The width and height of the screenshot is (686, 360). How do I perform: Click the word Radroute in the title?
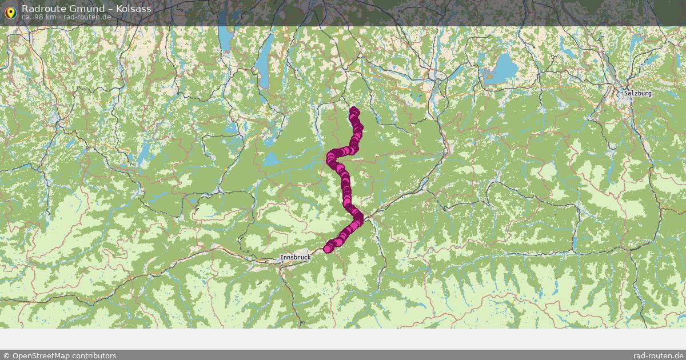click(x=40, y=9)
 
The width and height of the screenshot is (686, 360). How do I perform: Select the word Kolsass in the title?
click(x=134, y=9)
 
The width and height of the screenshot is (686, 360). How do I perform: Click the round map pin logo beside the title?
click(x=10, y=11)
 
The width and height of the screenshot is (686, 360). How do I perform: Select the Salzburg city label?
click(x=637, y=93)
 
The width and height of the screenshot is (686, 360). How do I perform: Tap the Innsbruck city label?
click(x=296, y=258)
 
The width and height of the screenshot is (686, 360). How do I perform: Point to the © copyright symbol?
click(x=6, y=355)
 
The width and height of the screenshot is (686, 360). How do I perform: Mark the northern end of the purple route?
click(x=354, y=110)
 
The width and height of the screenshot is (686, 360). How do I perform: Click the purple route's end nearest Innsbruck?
click(x=328, y=249)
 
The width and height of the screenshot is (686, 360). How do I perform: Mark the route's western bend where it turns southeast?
click(x=331, y=157)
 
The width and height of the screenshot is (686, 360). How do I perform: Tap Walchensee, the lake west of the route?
click(x=272, y=159)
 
